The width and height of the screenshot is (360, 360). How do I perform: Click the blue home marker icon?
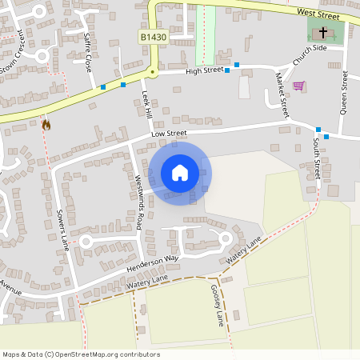point(180,172)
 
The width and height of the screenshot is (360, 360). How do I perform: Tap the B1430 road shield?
point(153,37)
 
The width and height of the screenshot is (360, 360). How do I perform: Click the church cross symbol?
point(323,33)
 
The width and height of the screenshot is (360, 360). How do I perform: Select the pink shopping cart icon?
point(298,86)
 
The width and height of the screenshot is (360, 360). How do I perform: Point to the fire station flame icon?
point(46,124)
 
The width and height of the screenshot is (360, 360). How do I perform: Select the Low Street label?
point(169,134)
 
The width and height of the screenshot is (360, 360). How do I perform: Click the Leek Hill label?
point(146,105)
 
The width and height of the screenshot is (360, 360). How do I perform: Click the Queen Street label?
point(343,92)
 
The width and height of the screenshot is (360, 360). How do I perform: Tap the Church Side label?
point(310,55)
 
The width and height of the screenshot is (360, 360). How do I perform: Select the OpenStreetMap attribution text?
point(81,354)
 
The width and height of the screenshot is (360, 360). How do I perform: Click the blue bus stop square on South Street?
point(318,130)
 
